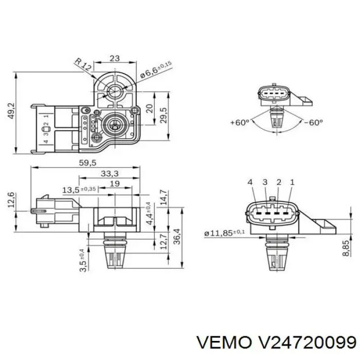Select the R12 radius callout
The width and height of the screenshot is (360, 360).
point(82,65)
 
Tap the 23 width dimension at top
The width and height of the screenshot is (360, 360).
point(115,58)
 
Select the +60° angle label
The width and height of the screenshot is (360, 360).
point(240,122)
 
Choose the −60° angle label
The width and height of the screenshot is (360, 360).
point(313,122)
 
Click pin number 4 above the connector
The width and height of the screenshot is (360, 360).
point(250,182)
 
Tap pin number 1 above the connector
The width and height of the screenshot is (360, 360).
point(292,182)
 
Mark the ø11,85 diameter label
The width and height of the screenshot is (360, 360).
point(225,233)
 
